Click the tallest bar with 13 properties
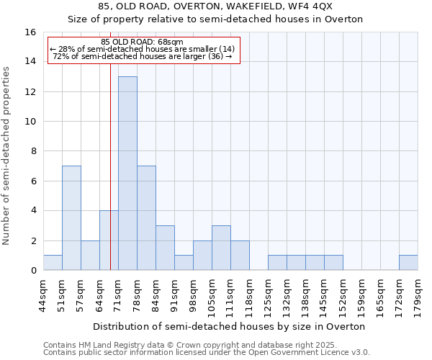point(127,173)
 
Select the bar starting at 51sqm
point(71,217)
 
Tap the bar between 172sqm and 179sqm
point(408,263)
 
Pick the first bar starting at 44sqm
point(53,263)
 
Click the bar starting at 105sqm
point(221,248)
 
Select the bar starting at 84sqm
point(165,248)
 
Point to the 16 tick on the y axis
point(31,32)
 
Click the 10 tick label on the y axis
point(31,122)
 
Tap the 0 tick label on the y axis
point(33,271)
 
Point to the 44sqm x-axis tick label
point(43,293)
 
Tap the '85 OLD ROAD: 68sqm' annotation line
point(142,41)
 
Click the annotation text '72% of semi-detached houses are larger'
point(142,56)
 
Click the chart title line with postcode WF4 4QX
point(215,6)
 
